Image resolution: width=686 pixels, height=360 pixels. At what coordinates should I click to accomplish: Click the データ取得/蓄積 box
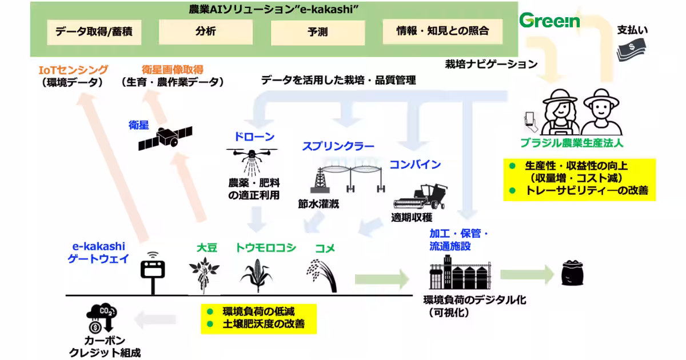pos(94,31)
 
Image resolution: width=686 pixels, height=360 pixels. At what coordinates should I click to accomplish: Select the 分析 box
pos(205,31)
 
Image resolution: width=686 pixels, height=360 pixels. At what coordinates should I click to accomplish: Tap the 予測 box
pos(317,32)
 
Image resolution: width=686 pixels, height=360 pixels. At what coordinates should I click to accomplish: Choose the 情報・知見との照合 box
pos(442,31)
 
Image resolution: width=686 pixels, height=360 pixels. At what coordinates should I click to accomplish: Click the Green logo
pos(549,21)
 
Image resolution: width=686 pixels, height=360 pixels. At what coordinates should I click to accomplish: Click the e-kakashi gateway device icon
pos(153,271)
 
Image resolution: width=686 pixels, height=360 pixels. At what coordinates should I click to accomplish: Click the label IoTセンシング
pos(73,70)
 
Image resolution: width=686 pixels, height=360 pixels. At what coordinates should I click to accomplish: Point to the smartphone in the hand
pos(529,118)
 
